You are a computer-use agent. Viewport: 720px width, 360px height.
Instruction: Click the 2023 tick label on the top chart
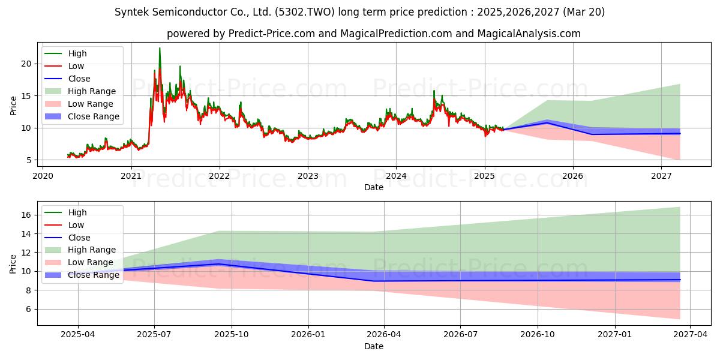308,176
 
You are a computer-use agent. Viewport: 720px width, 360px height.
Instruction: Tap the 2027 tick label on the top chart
661,176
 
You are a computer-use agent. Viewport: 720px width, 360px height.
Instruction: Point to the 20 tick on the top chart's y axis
26,64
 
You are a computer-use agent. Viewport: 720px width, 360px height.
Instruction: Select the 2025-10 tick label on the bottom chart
232,335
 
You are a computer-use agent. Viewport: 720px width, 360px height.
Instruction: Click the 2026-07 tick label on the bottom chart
460,335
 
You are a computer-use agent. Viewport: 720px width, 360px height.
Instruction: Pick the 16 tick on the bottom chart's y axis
26,215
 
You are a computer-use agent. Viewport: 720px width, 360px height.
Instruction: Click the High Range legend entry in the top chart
80,91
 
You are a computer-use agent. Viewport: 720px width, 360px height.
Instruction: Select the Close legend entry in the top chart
67,79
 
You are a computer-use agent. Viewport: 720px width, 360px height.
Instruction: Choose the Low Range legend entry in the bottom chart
79,262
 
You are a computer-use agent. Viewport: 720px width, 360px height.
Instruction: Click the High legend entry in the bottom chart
65,212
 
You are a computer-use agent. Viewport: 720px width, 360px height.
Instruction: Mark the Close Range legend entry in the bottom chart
82,275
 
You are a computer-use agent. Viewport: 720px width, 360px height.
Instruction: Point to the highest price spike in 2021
160,48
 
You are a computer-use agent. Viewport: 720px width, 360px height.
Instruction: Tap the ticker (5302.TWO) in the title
304,12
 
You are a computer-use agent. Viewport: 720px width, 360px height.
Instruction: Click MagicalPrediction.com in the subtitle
396,34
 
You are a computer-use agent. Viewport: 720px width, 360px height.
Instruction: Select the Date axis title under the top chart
373,187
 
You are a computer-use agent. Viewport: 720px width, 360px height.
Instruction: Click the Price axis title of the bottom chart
13,264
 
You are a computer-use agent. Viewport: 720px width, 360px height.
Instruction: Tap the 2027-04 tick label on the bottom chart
691,335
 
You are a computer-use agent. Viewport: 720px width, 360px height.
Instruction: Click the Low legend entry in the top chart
64,66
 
